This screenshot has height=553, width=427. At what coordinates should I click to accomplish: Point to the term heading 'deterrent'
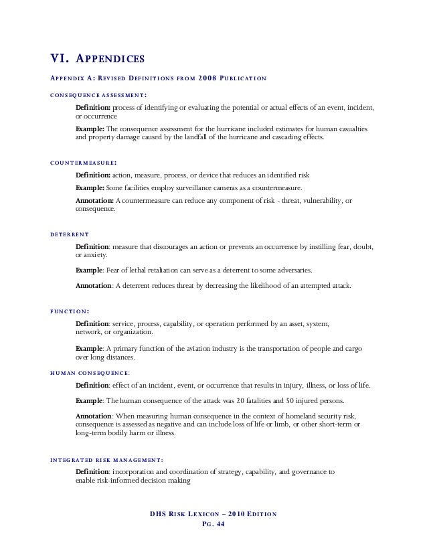point(70,234)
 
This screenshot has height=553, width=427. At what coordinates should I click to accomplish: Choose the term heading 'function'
point(71,311)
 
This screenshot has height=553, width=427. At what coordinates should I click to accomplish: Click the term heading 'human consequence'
point(90,372)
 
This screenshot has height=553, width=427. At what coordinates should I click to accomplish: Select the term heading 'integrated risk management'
point(106,459)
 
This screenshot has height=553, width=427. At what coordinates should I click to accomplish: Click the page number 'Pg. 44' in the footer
point(213,525)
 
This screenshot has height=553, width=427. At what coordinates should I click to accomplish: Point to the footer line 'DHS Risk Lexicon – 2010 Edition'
point(213,514)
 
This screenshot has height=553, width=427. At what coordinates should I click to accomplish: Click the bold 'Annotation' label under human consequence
point(94,416)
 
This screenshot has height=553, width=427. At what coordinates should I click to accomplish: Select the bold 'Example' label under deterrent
point(90,270)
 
